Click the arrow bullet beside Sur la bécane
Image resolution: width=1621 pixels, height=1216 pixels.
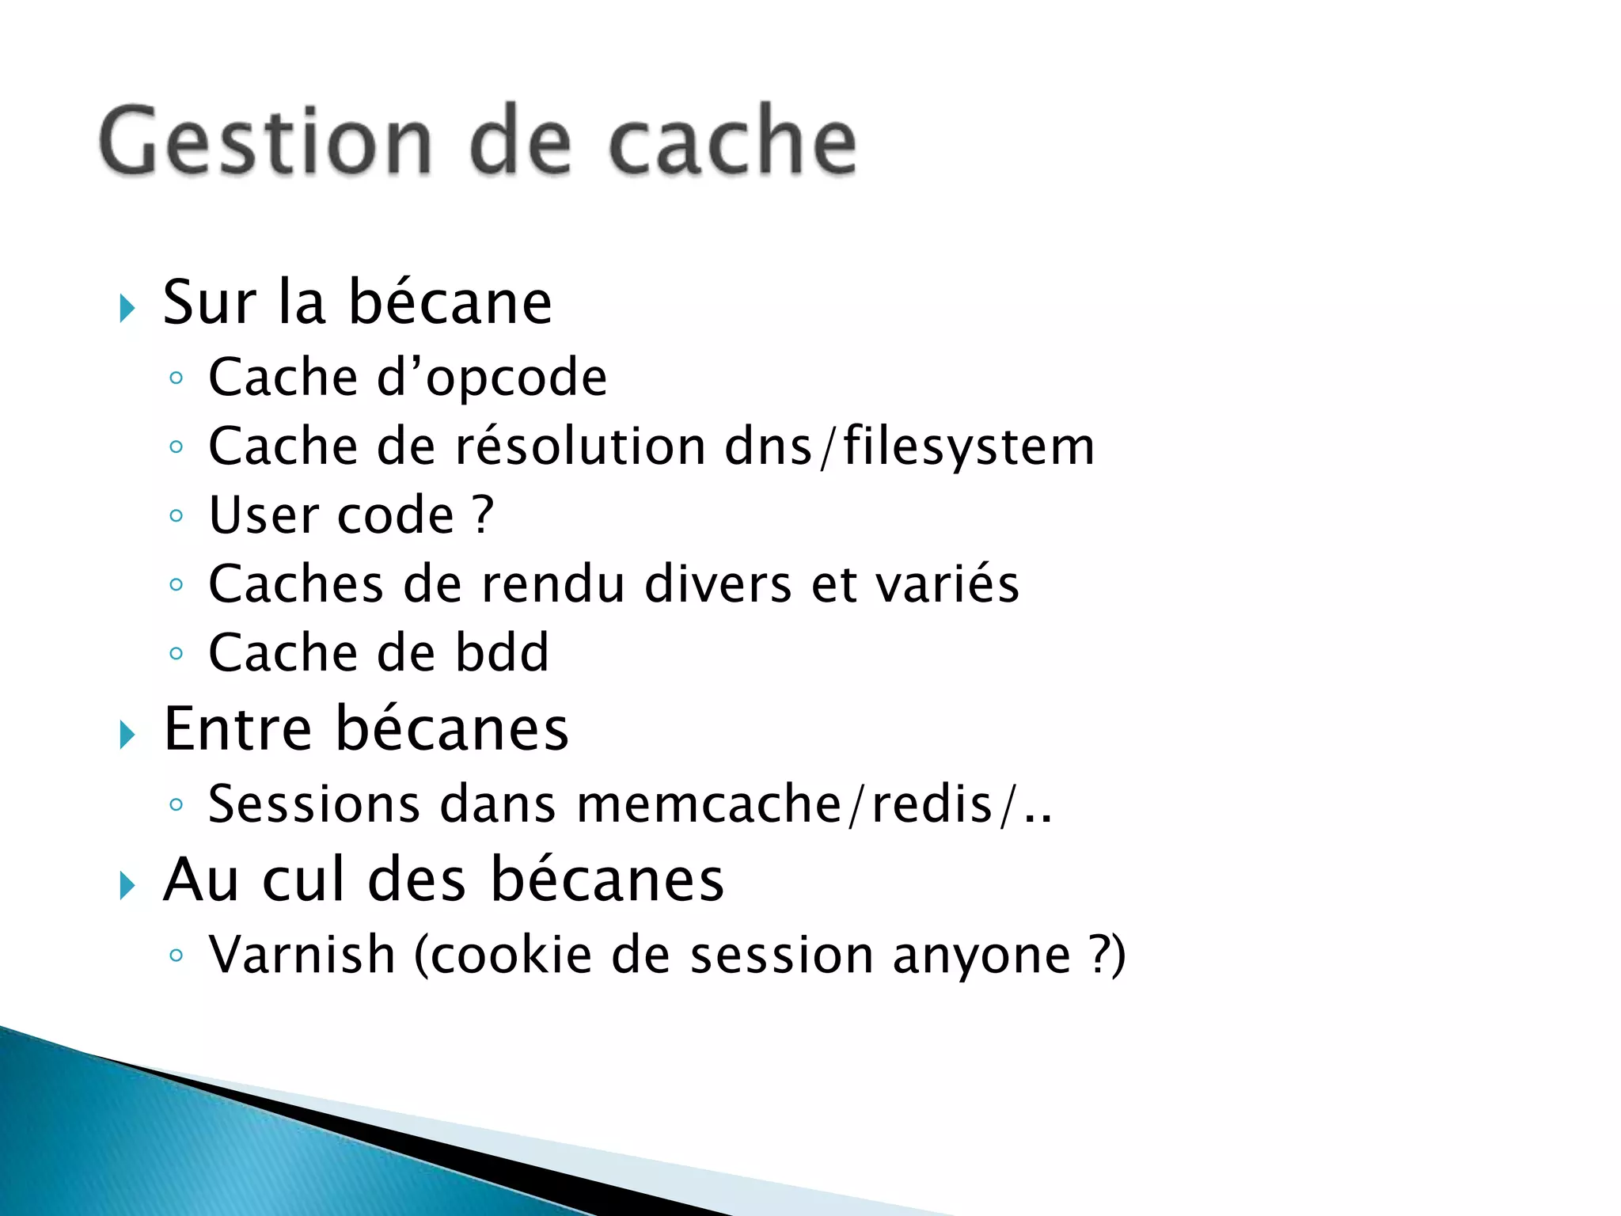coord(127,308)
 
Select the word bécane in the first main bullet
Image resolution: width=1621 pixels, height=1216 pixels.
coord(450,303)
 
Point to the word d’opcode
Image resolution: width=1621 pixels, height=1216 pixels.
coord(492,378)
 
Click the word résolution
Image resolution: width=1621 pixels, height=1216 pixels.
coord(579,446)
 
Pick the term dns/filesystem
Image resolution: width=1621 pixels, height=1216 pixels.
coord(910,446)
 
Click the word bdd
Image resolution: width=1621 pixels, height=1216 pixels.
coord(502,653)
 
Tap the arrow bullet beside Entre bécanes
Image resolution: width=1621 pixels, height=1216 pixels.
coord(127,735)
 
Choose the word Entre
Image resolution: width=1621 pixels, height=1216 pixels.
coord(237,729)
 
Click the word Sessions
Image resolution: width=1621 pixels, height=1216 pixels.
coord(313,804)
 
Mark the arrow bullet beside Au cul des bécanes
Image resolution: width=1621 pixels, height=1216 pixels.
coord(127,885)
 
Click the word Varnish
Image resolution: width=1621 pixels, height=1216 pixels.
coord(302,955)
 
